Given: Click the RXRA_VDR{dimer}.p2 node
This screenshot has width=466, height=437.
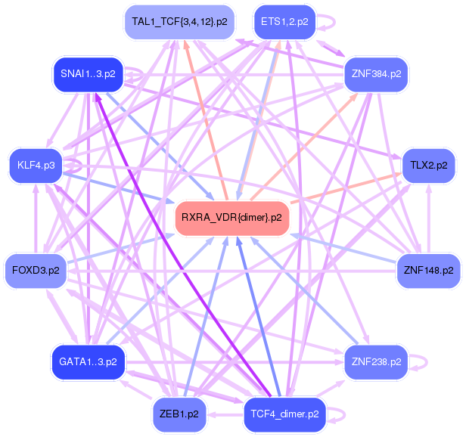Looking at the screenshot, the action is pos(232,218).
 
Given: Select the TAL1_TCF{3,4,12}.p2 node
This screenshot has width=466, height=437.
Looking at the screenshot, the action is pos(179,22).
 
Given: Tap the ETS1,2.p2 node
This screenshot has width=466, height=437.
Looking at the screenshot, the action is pos(284,22).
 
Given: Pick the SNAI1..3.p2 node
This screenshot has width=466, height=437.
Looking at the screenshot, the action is pos(88,74).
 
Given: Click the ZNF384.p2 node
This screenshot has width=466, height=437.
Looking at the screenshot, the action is pos(376,74).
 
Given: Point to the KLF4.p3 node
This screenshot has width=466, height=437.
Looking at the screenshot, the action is pos(36,166).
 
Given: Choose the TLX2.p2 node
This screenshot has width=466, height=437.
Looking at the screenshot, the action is pos(428,166).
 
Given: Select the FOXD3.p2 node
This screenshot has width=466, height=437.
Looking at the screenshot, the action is pos(36,271).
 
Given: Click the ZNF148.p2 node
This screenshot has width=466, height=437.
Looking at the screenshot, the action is pos(428,271).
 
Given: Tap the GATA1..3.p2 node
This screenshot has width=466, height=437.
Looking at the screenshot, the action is pos(88,362).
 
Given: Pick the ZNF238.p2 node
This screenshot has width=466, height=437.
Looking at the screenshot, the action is pos(376,362).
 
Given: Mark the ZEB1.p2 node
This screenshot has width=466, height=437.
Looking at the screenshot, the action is pos(179,414).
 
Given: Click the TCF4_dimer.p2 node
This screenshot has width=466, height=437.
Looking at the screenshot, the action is pos(284,414).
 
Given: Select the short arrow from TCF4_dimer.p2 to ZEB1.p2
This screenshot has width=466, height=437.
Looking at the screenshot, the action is pos(225,414).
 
